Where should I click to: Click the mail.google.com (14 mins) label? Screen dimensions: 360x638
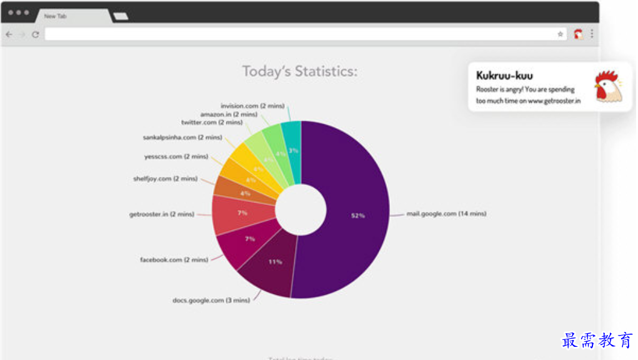[x=446, y=214]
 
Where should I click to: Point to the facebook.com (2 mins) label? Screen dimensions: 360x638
[x=174, y=259]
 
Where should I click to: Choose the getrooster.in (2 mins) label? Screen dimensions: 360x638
[x=162, y=214]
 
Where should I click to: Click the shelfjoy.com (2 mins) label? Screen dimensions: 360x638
[x=165, y=179]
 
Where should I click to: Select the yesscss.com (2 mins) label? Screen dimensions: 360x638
[x=176, y=157]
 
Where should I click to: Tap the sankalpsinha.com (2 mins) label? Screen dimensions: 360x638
[x=182, y=137]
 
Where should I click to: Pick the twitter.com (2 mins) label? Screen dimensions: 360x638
[x=212, y=122]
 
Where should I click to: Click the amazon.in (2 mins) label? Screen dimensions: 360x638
[x=228, y=114]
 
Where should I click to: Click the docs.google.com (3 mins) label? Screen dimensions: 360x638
[x=211, y=301]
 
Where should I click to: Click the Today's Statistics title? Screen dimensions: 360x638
[x=300, y=71]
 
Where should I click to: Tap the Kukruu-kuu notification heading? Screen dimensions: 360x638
[x=504, y=76]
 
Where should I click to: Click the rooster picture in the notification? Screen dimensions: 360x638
[x=608, y=87]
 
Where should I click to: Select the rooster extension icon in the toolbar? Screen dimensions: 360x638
[x=578, y=34]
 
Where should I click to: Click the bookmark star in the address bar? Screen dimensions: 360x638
[x=561, y=34]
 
